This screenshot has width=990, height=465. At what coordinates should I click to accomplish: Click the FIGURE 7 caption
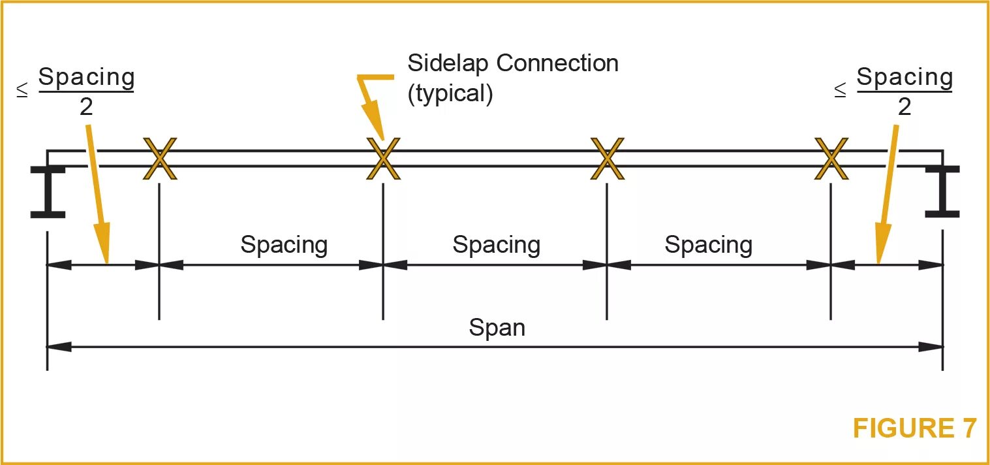[914, 428]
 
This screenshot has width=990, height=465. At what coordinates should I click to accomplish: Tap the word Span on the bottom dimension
[497, 327]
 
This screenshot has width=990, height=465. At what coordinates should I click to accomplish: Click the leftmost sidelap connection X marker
[160, 159]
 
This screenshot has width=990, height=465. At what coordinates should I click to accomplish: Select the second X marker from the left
[383, 159]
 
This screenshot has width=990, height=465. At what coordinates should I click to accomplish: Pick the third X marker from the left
[607, 159]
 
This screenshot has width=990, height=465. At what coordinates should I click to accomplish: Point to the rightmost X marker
[831, 159]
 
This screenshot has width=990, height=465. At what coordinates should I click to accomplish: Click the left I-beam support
[48, 191]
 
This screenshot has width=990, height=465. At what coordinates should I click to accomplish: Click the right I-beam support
[942, 191]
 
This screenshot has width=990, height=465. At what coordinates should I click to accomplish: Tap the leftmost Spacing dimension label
[284, 245]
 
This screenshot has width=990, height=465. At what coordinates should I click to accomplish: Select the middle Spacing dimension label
[497, 245]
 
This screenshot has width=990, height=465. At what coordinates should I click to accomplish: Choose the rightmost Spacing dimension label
[709, 245]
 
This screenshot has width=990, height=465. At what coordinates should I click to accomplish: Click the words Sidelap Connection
[513, 64]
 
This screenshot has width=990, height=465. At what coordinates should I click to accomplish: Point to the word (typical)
[450, 93]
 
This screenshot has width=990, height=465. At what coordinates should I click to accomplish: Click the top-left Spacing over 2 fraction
[86, 91]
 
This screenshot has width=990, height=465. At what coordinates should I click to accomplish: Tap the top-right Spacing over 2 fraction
[905, 91]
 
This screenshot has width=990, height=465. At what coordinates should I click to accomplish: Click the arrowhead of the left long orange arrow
[104, 246]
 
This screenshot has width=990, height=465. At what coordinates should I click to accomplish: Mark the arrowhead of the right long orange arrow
[882, 246]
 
